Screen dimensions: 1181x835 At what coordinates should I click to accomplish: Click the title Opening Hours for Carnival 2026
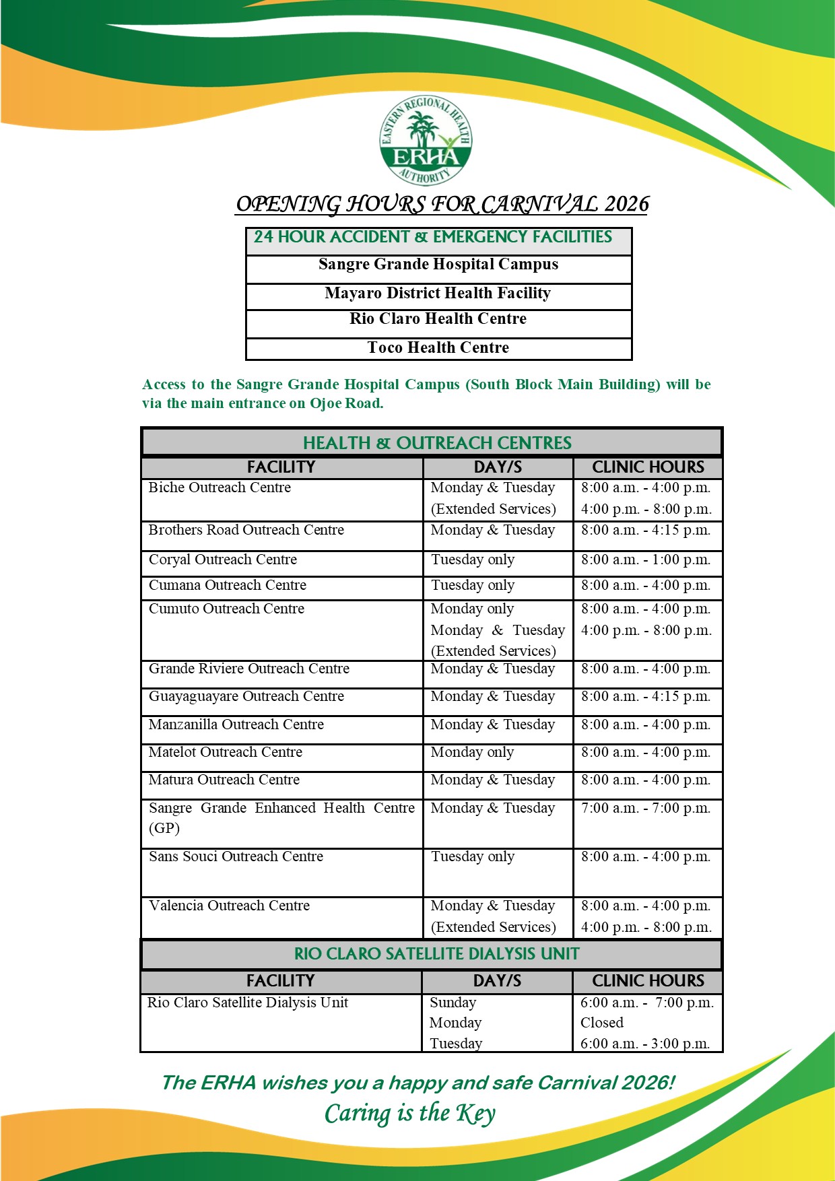[x=442, y=204]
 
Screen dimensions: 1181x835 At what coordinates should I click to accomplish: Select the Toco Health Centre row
[x=438, y=347]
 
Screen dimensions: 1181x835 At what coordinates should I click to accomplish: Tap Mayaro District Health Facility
[x=438, y=293]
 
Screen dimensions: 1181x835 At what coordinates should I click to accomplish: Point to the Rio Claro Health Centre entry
[x=438, y=319]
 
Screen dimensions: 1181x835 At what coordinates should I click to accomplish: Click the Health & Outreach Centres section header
[x=437, y=442]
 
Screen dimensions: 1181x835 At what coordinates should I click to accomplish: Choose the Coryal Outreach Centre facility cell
[x=223, y=560]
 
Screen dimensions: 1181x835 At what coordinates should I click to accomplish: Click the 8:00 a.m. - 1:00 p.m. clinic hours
[x=646, y=560]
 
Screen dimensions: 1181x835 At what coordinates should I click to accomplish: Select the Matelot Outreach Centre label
[x=226, y=752]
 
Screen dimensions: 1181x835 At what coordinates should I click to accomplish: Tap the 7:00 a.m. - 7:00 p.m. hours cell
[x=646, y=808]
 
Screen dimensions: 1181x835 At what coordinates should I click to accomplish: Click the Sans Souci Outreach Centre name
[x=236, y=856]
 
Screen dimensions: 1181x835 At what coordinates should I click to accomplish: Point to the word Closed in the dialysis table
[x=602, y=1023]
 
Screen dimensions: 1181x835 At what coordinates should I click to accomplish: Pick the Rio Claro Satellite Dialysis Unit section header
[x=437, y=953]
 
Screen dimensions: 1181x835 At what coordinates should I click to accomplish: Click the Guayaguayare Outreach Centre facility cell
[x=246, y=696]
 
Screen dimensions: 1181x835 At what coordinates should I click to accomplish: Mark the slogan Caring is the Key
[x=410, y=1114]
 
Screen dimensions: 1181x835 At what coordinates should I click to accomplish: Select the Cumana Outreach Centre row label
[x=228, y=585]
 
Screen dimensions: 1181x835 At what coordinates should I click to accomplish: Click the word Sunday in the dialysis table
[x=453, y=1003]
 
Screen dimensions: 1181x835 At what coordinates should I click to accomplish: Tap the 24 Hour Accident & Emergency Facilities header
[x=433, y=237]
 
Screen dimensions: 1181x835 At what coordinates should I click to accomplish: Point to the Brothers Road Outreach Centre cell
[x=246, y=530]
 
